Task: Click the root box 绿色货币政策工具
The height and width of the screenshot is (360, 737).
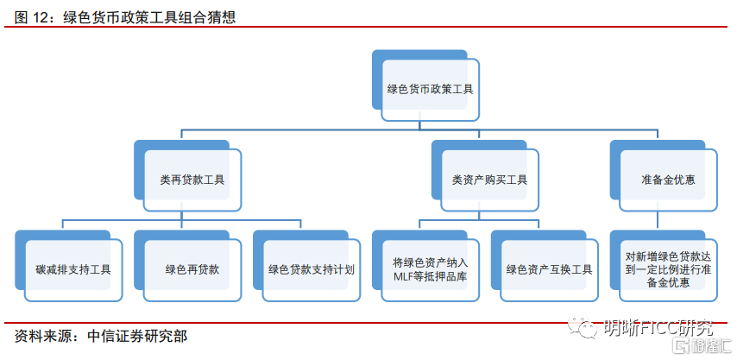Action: pyautogui.click(x=430, y=89)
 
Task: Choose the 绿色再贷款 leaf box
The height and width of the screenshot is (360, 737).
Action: pyautogui.click(x=192, y=269)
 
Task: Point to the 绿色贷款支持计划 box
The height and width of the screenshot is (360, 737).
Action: pyautogui.click(x=312, y=269)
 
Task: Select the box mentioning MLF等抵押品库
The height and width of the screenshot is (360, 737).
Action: pyautogui.click(x=430, y=269)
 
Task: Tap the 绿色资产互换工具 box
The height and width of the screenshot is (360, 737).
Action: pyautogui.click(x=549, y=269)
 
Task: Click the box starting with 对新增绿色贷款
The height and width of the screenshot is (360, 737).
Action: pyautogui.click(x=668, y=269)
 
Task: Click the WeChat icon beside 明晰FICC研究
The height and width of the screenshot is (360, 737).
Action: pyautogui.click(x=589, y=328)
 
